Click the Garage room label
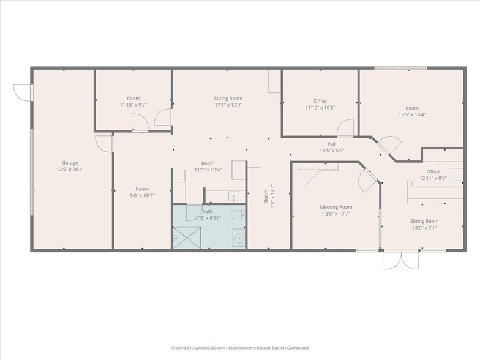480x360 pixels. [69, 163]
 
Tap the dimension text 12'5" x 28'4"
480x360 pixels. [69, 170]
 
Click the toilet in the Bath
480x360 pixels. [238, 215]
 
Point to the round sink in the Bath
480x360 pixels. [238, 239]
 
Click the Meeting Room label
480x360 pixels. [336, 207]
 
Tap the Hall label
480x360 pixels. [332, 144]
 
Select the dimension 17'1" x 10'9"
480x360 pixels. [228, 105]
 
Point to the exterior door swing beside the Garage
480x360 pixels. [23, 92]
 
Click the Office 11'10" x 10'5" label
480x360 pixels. [320, 101]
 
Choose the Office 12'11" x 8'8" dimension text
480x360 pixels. [433, 178]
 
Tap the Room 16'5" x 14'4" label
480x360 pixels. [411, 108]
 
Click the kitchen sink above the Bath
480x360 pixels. [233, 196]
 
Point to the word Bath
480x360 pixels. [207, 211]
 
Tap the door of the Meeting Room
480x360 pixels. [370, 179]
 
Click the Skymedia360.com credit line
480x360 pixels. [239, 348]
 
